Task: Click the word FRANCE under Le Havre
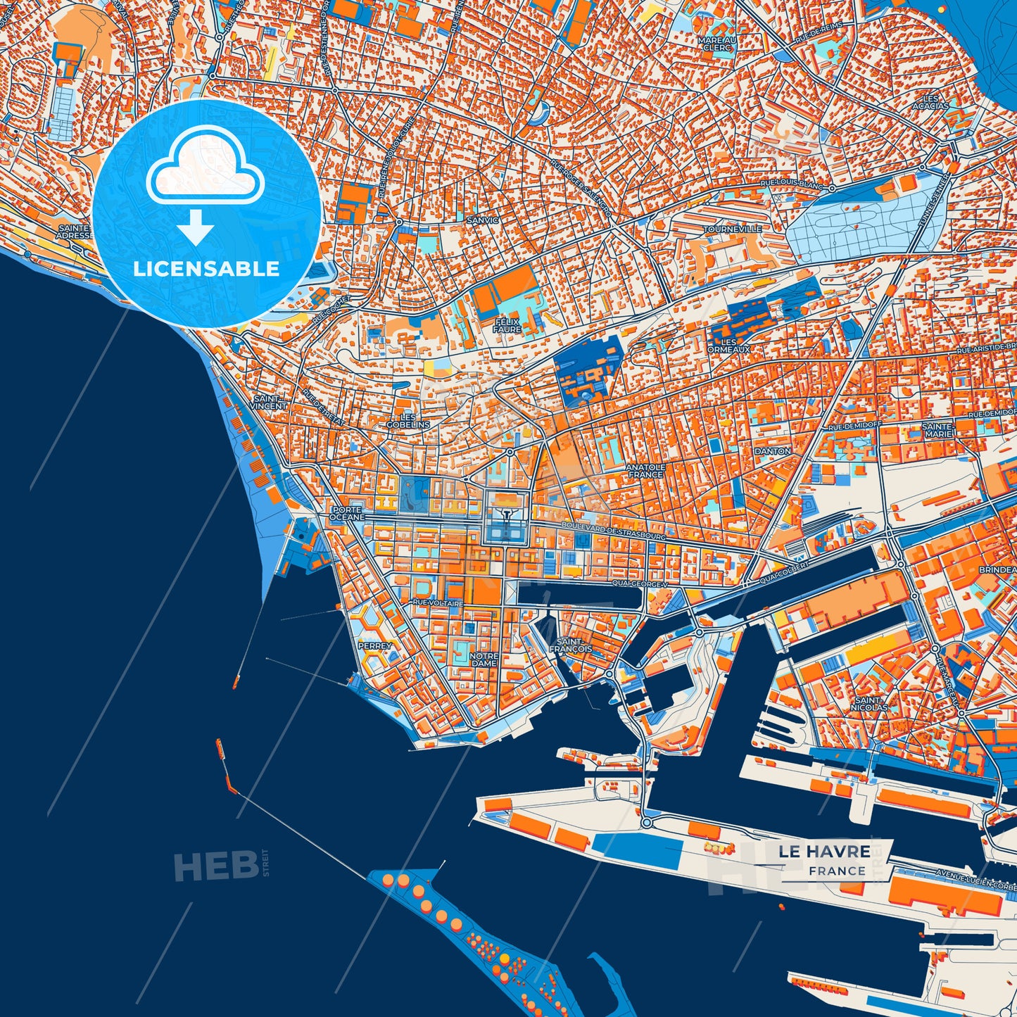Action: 837,871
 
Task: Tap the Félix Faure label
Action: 507,325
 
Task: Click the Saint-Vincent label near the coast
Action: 270,402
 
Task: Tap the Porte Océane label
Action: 347,513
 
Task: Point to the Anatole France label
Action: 645,470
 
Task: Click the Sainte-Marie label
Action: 937,429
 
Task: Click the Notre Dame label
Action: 484,659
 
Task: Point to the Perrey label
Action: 374,645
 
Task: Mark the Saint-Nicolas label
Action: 869,703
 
